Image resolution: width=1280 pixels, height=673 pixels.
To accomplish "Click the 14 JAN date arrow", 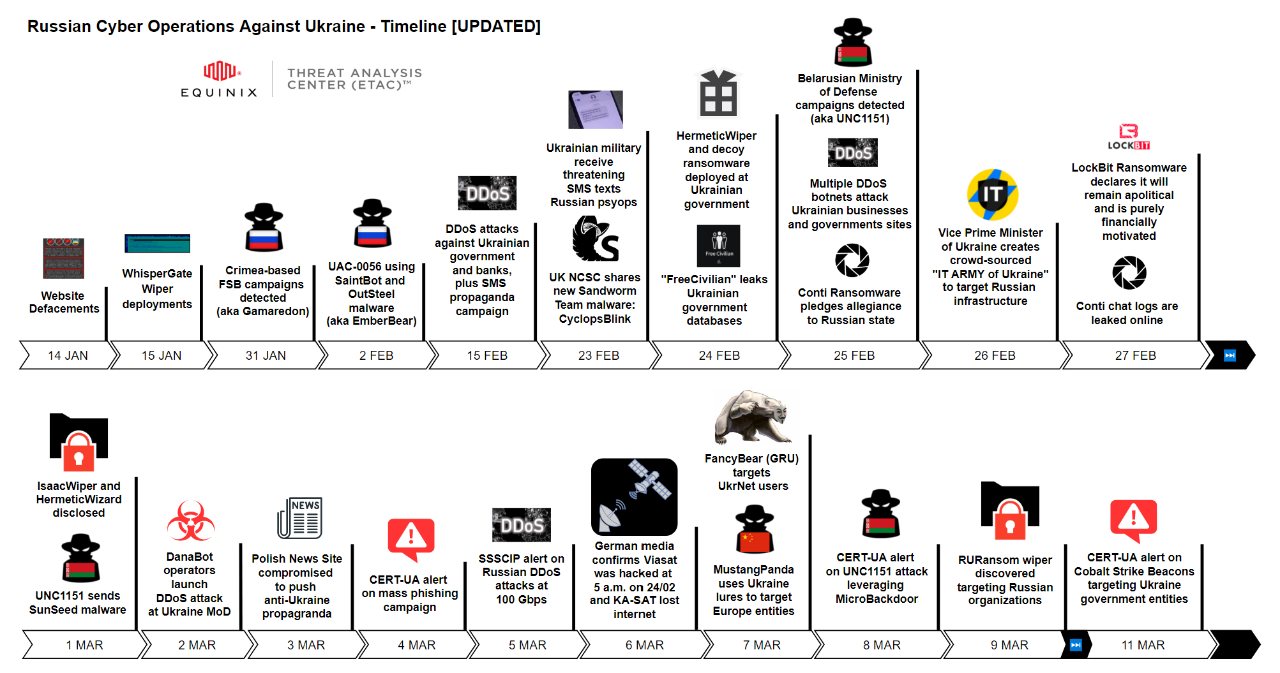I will point(67,355).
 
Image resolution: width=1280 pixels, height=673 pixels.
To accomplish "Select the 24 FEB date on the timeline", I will point(719,355).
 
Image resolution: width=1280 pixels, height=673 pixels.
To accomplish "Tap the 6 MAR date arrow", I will point(644,645).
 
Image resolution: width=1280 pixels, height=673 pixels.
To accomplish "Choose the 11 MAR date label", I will point(1143,645).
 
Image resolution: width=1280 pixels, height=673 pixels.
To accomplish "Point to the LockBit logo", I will point(1129,137).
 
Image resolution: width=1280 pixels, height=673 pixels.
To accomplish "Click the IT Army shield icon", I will point(992,195).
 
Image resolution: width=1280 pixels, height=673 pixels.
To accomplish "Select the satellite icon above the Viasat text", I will point(634,496).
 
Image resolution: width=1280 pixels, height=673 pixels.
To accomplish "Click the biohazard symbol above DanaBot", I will point(190,521).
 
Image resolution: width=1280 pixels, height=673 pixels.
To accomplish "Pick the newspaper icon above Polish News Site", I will point(299,518).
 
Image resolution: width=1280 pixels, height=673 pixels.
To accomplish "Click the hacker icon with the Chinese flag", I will point(754,529).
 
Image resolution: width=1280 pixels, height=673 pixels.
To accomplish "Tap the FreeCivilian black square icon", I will point(718,246).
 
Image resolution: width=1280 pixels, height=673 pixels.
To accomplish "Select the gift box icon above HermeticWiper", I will point(718,93).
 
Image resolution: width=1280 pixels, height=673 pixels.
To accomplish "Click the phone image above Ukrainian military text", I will point(595,110).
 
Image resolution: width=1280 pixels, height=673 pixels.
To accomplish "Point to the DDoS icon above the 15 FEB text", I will point(487,193).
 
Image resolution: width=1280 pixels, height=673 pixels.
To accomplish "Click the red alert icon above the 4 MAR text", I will point(411,538).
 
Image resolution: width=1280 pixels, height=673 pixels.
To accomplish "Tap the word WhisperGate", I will point(157,274).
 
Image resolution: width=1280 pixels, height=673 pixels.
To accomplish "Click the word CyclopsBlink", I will point(594,319).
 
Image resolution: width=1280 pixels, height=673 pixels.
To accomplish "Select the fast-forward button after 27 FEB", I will point(1230,355).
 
